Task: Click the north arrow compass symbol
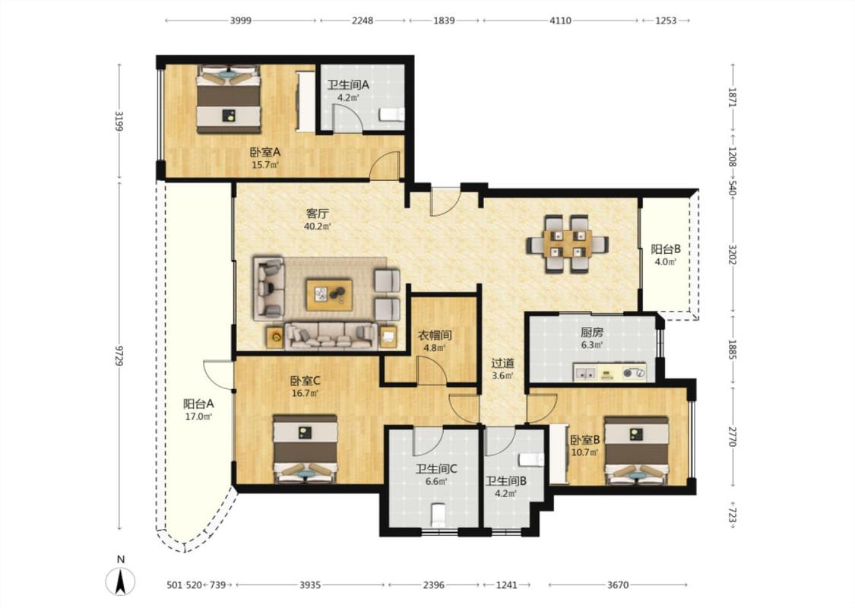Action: (x=121, y=581)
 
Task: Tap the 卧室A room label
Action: (x=265, y=153)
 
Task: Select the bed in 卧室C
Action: (x=306, y=449)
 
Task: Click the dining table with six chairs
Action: (x=567, y=244)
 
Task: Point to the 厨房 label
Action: (x=591, y=332)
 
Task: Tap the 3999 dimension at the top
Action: (x=240, y=21)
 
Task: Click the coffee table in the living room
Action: (x=329, y=295)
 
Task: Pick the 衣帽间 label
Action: (x=435, y=335)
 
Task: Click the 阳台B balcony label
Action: (x=666, y=250)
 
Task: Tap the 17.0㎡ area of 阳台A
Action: (x=198, y=416)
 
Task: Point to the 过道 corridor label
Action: (x=503, y=363)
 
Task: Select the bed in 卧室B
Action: (x=636, y=451)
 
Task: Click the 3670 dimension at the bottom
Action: (x=618, y=585)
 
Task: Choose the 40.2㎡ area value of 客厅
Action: (x=318, y=226)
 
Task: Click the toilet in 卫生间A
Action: (x=392, y=115)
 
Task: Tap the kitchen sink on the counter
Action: (x=586, y=374)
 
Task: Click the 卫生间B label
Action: (x=506, y=482)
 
